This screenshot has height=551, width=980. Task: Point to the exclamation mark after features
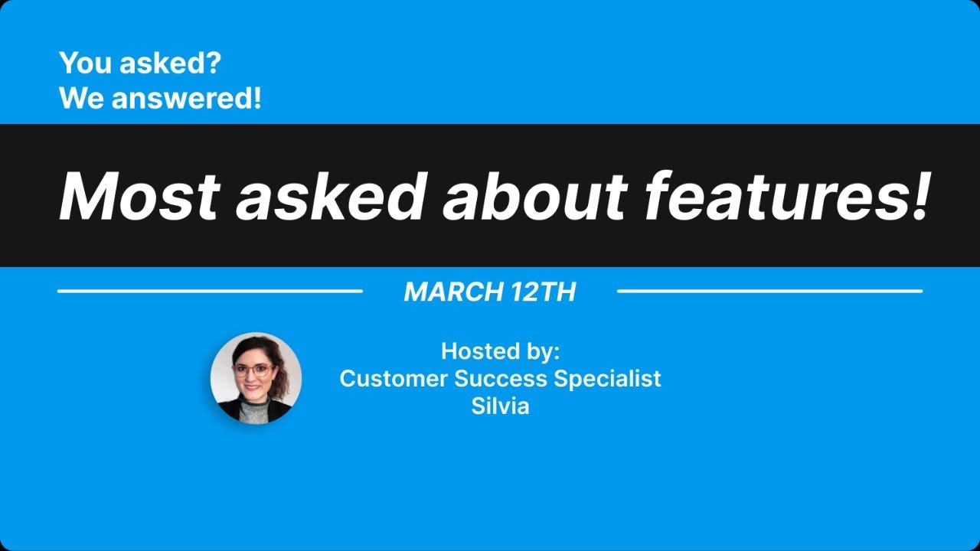(917, 197)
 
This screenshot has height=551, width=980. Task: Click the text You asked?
(139, 64)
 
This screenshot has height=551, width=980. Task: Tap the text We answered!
(160, 98)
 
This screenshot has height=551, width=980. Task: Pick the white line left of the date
(210, 291)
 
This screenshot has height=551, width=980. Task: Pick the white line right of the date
(769, 291)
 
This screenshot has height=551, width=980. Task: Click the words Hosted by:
(501, 351)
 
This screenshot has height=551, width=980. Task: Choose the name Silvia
(501, 406)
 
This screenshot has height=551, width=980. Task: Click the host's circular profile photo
(256, 378)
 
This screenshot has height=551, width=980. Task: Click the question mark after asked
(213, 64)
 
